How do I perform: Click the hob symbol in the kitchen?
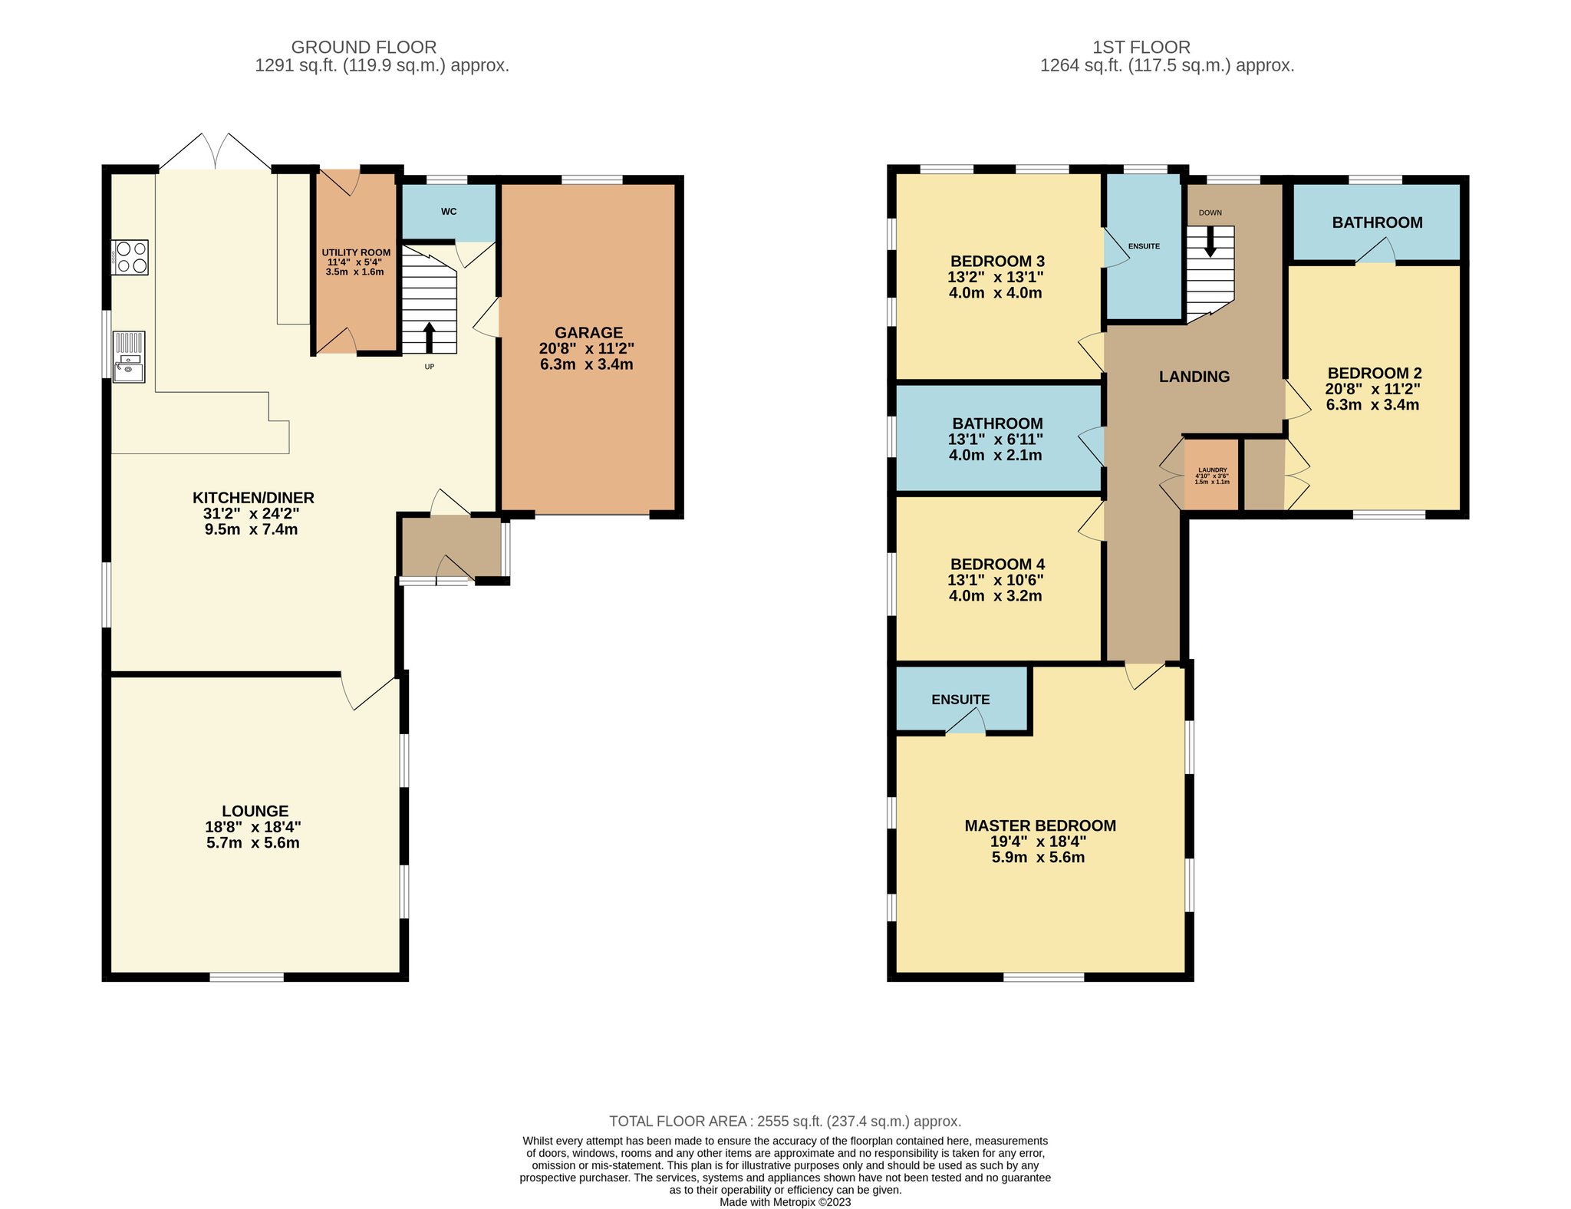130,257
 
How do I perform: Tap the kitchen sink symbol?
129,356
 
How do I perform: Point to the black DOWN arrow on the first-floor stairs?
1210,242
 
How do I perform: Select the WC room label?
449,211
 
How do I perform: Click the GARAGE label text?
588,333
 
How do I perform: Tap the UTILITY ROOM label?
356,252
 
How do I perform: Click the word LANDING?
1194,377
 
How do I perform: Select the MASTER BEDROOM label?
1040,825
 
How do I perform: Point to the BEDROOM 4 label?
997,564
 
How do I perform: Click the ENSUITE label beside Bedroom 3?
1144,246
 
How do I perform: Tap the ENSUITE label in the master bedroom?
960,700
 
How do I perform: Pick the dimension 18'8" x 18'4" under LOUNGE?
253,827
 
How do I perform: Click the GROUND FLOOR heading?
364,48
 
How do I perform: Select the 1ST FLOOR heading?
1141,48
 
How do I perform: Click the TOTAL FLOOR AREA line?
785,1122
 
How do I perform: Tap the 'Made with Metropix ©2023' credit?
785,1202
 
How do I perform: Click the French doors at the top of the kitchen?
216,151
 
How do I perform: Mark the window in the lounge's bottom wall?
247,977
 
